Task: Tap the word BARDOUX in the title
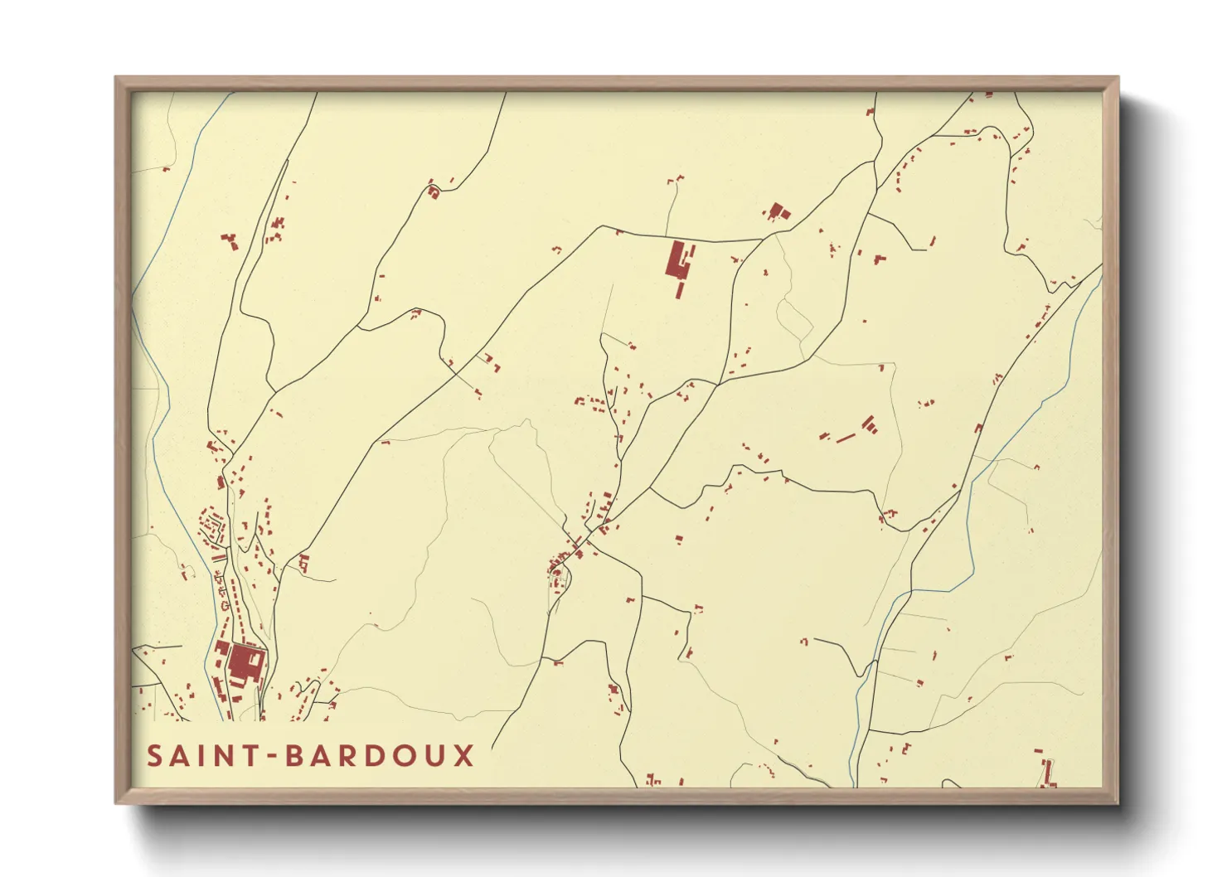[381, 756]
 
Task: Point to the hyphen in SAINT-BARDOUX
[270, 757]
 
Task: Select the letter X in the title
[464, 756]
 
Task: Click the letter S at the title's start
[155, 756]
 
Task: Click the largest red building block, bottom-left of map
[245, 663]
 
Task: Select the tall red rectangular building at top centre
[677, 259]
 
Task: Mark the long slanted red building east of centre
[845, 437]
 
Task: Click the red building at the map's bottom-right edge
[1048, 773]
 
